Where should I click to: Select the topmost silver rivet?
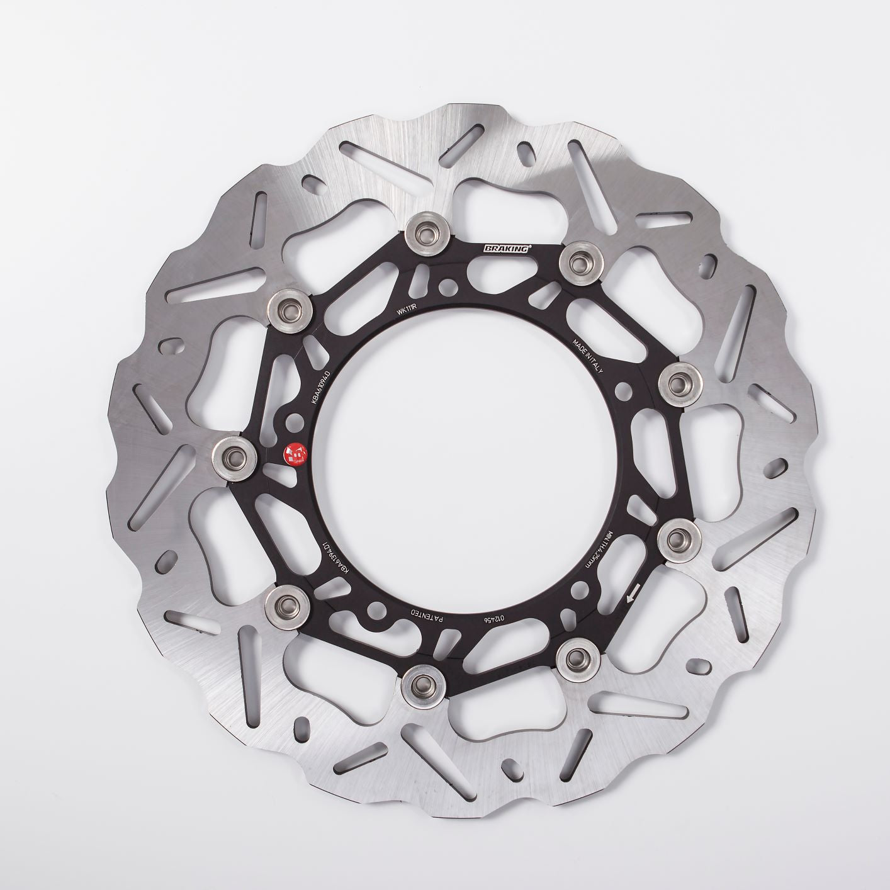429,234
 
